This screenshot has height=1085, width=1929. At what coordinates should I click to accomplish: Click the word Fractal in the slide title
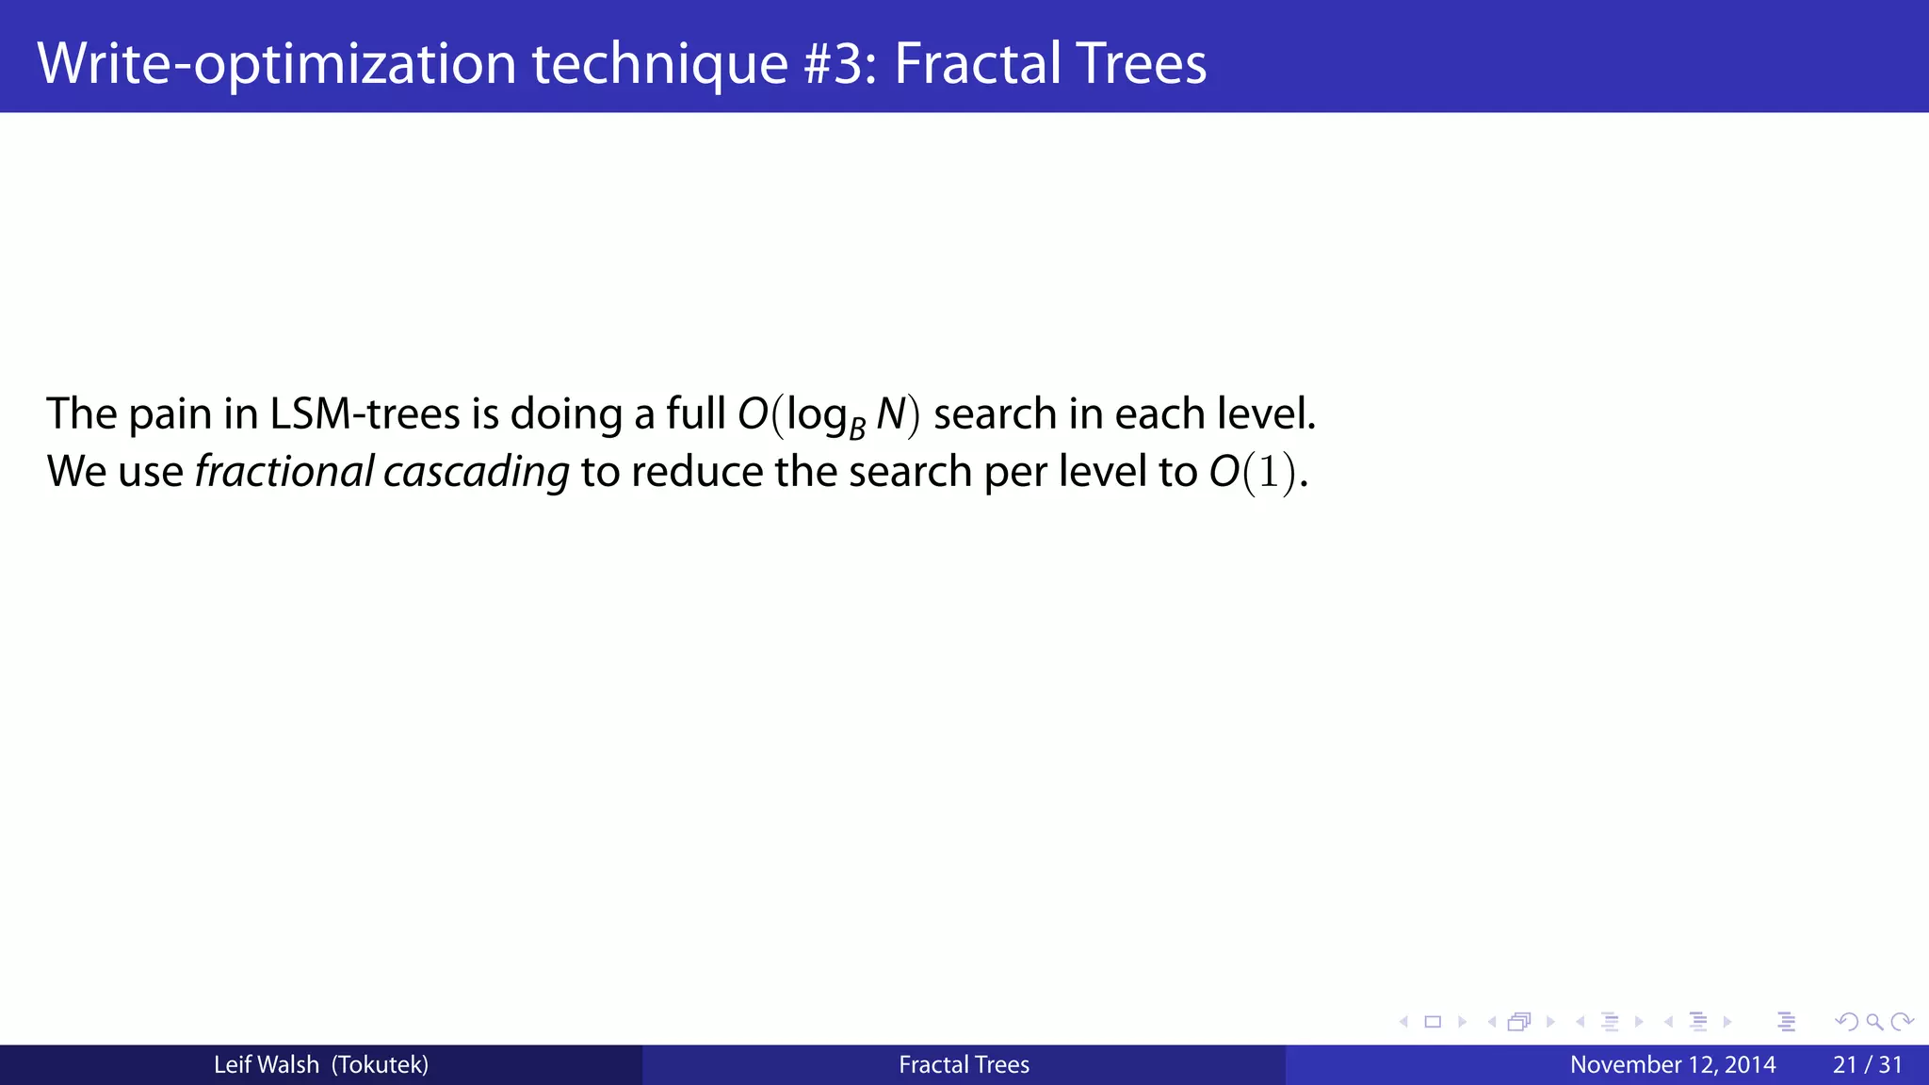[976, 64]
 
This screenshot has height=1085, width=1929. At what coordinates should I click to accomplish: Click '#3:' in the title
[840, 64]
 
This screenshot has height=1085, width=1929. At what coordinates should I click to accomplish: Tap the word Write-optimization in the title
[277, 64]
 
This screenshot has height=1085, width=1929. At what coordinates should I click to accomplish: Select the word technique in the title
[659, 64]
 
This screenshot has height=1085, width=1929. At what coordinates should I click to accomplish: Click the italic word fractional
[284, 471]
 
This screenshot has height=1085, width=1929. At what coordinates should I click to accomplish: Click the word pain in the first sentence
[170, 414]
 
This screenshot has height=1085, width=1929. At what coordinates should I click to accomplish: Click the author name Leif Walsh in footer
[266, 1065]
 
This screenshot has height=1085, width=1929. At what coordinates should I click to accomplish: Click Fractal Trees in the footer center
[964, 1065]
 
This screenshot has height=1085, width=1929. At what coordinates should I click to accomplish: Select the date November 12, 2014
[1673, 1065]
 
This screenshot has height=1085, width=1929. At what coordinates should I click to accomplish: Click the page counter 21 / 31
[1867, 1065]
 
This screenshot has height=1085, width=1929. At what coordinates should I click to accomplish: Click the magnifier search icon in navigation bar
[1874, 1022]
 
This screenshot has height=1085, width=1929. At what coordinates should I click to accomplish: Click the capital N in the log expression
[890, 414]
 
